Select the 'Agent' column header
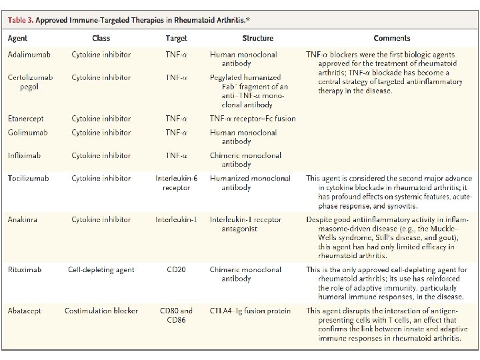pyautogui.click(x=18, y=39)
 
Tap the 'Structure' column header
pyautogui.click(x=257, y=39)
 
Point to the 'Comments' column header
pyautogui.click(x=392, y=39)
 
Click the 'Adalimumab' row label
pyautogui.click(x=29, y=55)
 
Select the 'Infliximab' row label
pyautogui.click(x=25, y=155)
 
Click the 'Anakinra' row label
pyautogui.click(x=24, y=219)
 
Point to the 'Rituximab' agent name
pyautogui.click(x=25, y=270)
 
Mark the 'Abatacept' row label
pyautogui.click(x=25, y=311)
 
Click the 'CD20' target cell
pyautogui.click(x=177, y=270)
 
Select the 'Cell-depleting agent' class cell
pyautogui.click(x=101, y=270)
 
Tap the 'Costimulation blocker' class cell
pyautogui.click(x=101, y=311)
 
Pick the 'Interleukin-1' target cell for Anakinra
pyautogui.click(x=177, y=219)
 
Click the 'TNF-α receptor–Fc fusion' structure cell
pyautogui.click(x=253, y=119)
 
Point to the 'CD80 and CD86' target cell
pyautogui.click(x=177, y=315)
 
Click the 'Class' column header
pyautogui.click(x=101, y=39)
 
